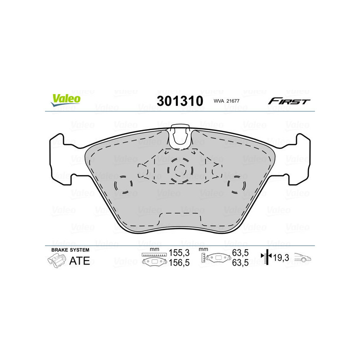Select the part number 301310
(x=180, y=100)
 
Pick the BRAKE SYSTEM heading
(x=70, y=250)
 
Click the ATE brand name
(x=79, y=261)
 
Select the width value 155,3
(x=177, y=253)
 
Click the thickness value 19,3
(x=281, y=258)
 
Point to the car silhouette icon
(x=303, y=258)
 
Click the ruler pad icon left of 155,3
(x=154, y=259)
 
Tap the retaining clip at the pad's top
(x=180, y=134)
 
